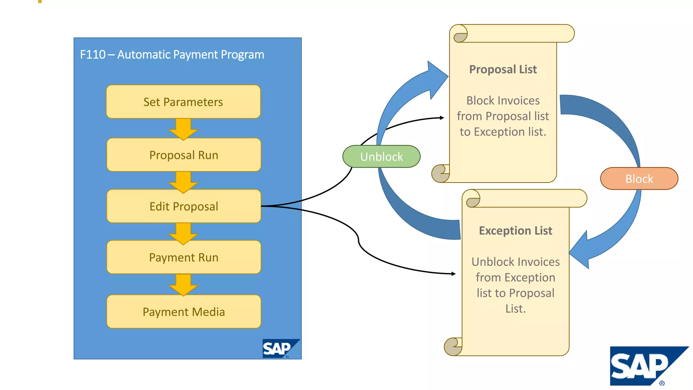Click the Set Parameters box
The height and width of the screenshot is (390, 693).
point(183,102)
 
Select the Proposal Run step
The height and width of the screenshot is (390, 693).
point(184,155)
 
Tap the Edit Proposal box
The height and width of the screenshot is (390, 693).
point(184,206)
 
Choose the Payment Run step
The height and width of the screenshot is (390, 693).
point(184,257)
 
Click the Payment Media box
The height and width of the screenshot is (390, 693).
point(184,312)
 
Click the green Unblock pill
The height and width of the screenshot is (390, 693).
point(381,157)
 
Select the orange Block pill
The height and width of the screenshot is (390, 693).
point(639,179)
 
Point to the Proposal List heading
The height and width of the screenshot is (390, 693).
point(503,69)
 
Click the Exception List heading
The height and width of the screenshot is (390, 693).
point(515,231)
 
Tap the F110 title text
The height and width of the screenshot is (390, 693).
point(172,55)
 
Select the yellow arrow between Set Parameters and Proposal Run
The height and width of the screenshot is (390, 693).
point(183,129)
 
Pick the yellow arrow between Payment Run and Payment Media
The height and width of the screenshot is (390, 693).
point(183,285)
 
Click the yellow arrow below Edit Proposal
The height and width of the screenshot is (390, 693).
point(183,233)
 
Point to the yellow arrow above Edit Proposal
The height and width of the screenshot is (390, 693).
point(183,182)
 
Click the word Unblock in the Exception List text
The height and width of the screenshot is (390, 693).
point(488,262)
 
